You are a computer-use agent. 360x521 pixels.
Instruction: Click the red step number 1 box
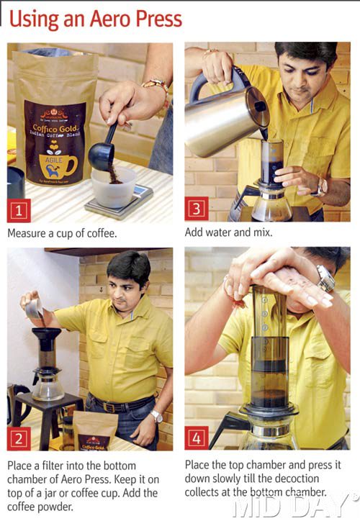click(19, 211)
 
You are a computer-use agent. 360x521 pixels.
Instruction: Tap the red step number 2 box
click(19, 438)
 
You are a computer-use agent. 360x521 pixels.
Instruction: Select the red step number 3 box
click(197, 209)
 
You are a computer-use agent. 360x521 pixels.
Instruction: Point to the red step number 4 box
click(197, 438)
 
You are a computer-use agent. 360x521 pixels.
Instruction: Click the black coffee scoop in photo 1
click(104, 147)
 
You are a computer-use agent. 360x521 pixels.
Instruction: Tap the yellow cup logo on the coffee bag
click(58, 165)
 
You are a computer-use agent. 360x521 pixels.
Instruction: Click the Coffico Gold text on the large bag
click(55, 128)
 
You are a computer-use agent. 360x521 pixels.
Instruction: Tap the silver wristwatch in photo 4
click(325, 278)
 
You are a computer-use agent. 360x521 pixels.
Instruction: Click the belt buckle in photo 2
click(109, 407)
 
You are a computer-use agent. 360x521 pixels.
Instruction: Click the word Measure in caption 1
click(27, 233)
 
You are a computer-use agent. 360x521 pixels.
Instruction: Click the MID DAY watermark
click(292, 506)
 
